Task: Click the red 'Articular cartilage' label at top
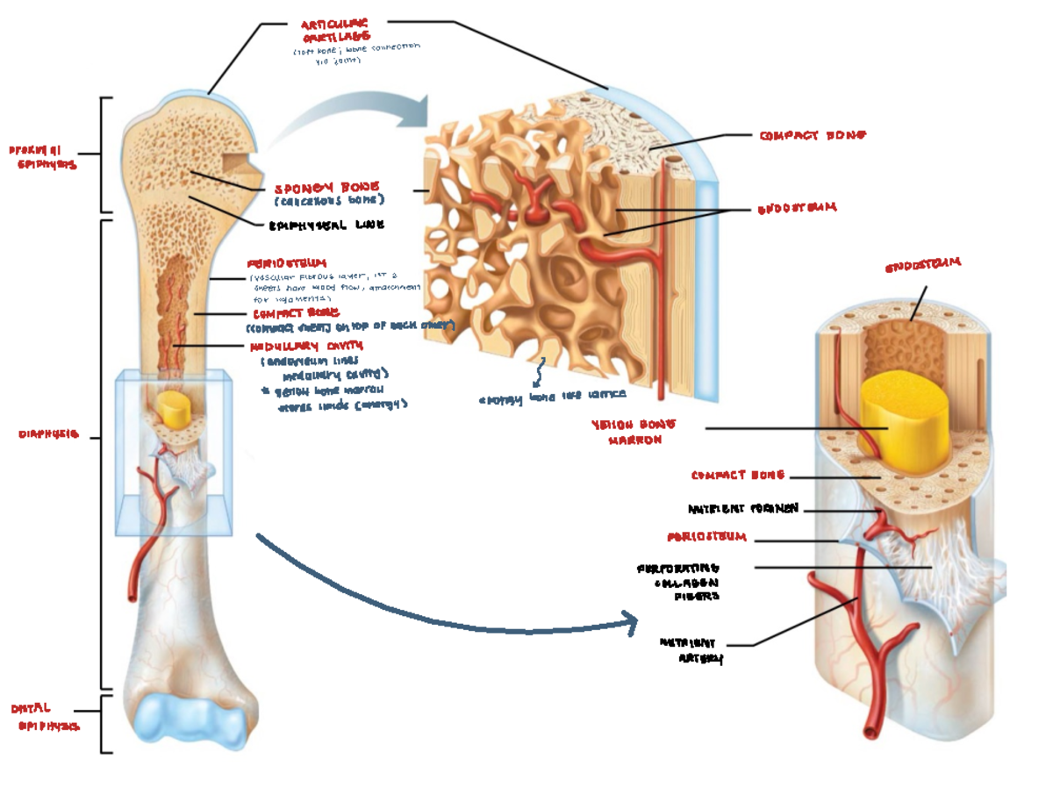pyautogui.click(x=334, y=31)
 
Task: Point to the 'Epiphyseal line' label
pyautogui.click(x=326, y=225)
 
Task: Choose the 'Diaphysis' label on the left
pyautogui.click(x=49, y=433)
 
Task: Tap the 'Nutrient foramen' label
pyautogui.click(x=742, y=509)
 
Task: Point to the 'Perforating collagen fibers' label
pyautogui.click(x=678, y=582)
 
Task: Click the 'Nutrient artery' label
pyautogui.click(x=692, y=650)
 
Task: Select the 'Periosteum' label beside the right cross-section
pyautogui.click(x=706, y=536)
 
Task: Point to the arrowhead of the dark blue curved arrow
pyautogui.click(x=630, y=621)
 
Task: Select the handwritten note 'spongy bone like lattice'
pyautogui.click(x=552, y=397)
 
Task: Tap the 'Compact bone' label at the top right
pyautogui.click(x=813, y=136)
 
